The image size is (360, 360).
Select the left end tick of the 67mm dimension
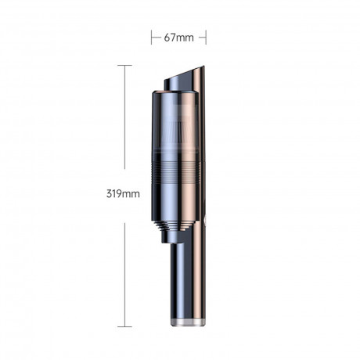tap(151, 36)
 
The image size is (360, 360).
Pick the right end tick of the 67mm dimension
tap(206, 36)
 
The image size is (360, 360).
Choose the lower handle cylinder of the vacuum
tap(186, 278)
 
